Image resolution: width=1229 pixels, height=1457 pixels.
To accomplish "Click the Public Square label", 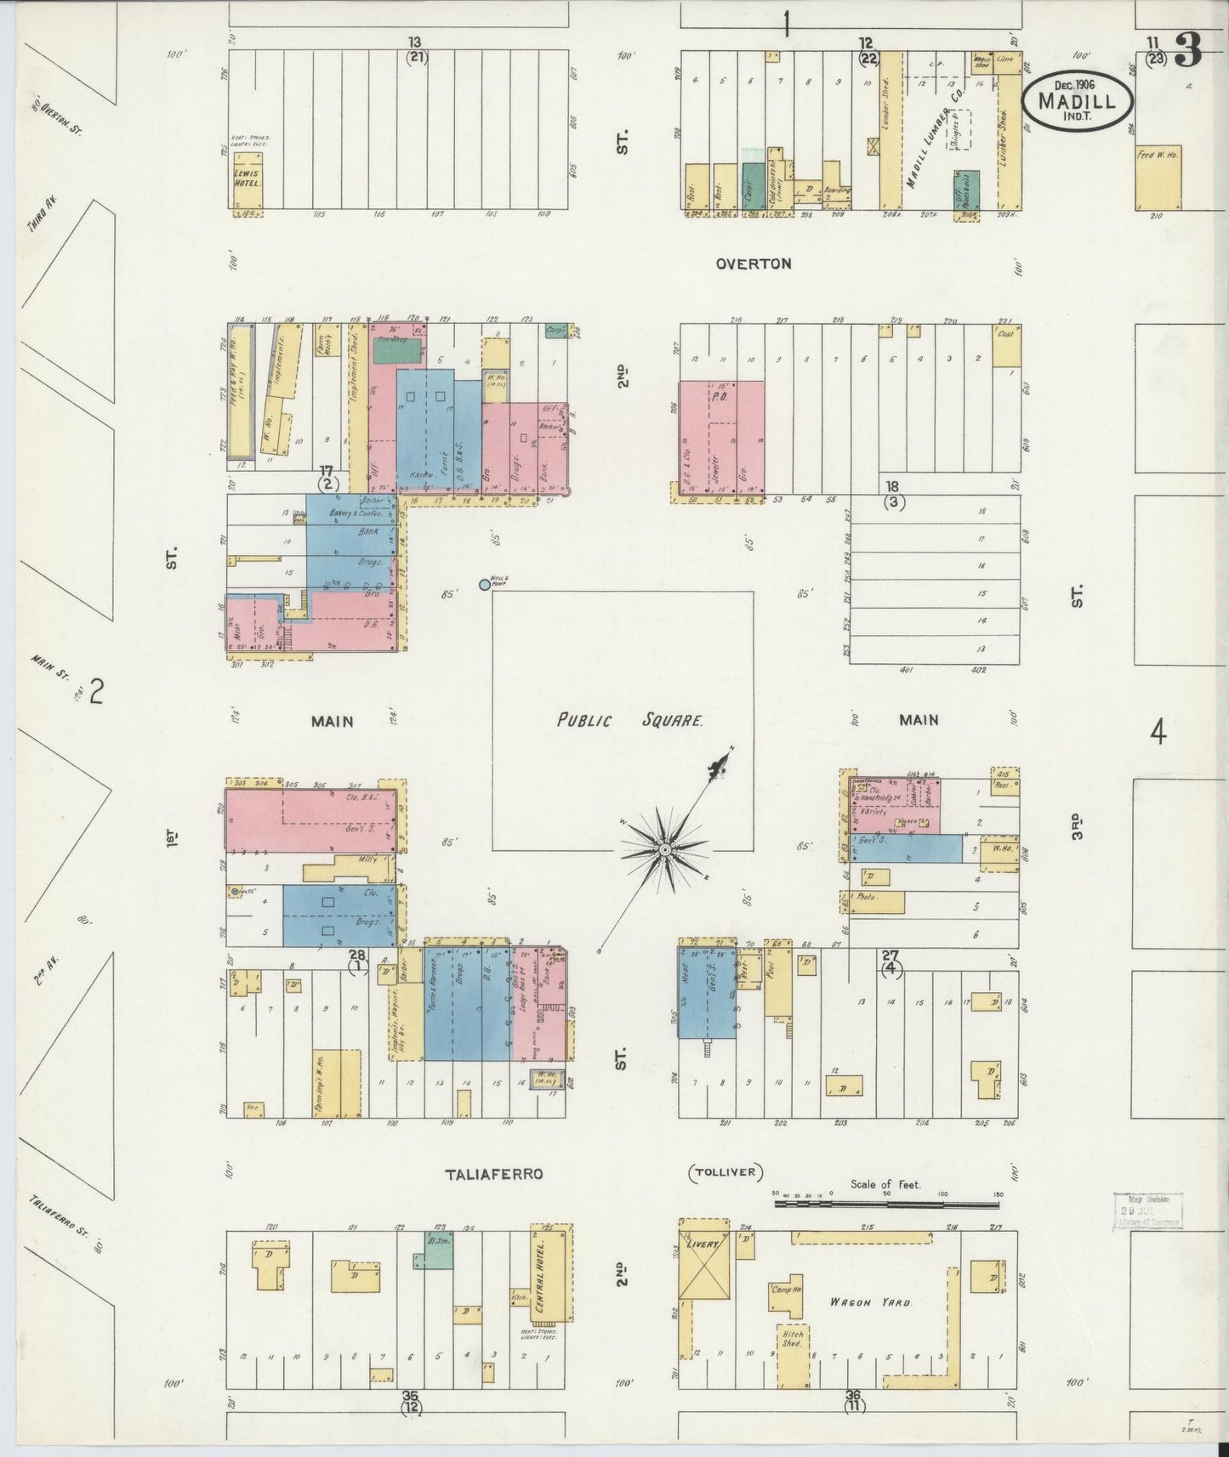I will (x=630, y=721).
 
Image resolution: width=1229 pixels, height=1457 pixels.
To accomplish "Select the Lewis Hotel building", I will (x=248, y=179).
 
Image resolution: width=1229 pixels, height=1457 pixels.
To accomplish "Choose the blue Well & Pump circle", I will (x=485, y=584).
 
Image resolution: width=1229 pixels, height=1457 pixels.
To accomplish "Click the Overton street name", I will (x=754, y=264).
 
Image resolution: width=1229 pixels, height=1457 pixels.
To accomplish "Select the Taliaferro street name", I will (x=493, y=1174).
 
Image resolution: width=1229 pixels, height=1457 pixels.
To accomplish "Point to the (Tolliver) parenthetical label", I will (x=725, y=1174).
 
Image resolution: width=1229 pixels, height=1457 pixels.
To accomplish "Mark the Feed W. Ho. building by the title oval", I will (x=1158, y=177).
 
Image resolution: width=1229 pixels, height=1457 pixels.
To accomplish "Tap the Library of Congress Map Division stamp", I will (x=1147, y=1210).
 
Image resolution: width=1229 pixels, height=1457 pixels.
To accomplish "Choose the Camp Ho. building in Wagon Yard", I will (x=787, y=1295).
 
